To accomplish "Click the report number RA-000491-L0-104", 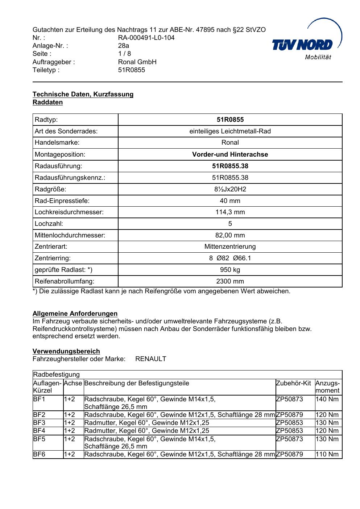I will click(x=146, y=38).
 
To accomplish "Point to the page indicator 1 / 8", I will click(x=124, y=54).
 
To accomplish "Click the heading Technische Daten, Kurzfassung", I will click(x=83, y=94).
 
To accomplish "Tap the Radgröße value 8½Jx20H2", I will click(x=230, y=189).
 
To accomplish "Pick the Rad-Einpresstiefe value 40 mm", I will click(x=230, y=201).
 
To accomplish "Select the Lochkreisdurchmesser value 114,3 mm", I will click(x=230, y=212).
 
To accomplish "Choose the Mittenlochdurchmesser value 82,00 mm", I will click(x=230, y=235).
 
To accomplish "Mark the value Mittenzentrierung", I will click(x=230, y=247).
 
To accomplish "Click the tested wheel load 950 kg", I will click(x=230, y=270).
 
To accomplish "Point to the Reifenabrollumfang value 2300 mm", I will click(x=230, y=281).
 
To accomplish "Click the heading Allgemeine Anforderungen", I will click(x=75, y=314).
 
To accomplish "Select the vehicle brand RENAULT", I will click(x=150, y=359).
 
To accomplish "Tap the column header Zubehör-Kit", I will click(x=293, y=383).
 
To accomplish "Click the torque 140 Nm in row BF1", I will click(x=327, y=399).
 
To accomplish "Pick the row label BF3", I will click(x=39, y=423).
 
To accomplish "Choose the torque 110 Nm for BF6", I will click(x=327, y=454).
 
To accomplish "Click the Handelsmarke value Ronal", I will click(x=230, y=142).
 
